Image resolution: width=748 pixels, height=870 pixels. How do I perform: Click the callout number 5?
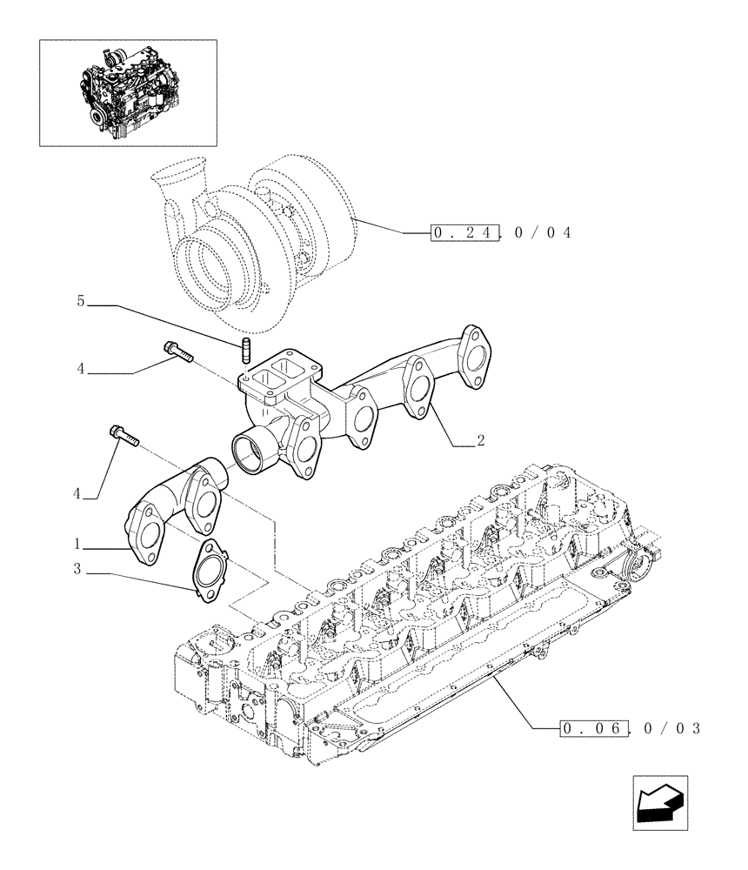pyautogui.click(x=80, y=302)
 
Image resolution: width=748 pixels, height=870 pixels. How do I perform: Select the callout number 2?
pyautogui.click(x=479, y=441)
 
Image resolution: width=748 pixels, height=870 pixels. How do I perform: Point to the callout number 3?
pyautogui.click(x=77, y=570)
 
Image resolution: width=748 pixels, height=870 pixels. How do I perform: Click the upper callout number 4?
pyautogui.click(x=80, y=369)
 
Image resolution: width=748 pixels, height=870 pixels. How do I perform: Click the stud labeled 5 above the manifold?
pyautogui.click(x=245, y=354)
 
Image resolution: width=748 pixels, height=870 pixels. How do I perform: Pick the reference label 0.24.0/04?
pyautogui.click(x=500, y=232)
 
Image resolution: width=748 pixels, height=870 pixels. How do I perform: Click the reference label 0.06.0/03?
pyautogui.click(x=630, y=727)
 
